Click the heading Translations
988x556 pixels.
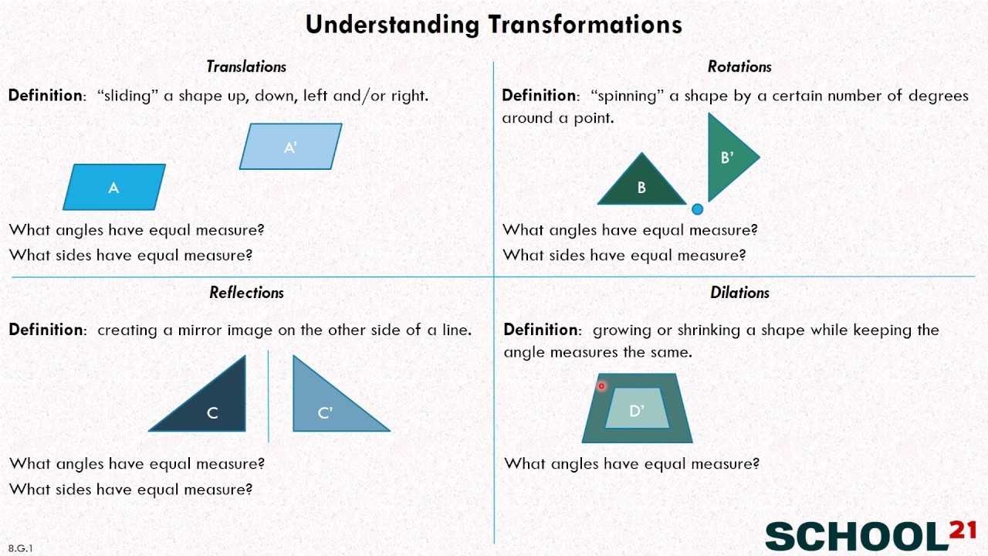click(x=246, y=66)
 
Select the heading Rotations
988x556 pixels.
click(x=739, y=66)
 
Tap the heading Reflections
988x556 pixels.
click(x=246, y=293)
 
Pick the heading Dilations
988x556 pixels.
click(x=739, y=293)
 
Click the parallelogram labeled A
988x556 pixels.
click(x=114, y=187)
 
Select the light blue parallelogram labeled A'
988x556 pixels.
click(x=291, y=147)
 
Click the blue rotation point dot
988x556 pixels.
click(x=697, y=209)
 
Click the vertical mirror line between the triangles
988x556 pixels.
click(x=268, y=396)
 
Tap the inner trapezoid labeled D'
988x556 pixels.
click(x=638, y=409)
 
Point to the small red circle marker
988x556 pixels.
click(x=601, y=386)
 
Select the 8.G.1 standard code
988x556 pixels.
click(x=20, y=548)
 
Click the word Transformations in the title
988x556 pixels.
click(x=585, y=25)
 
